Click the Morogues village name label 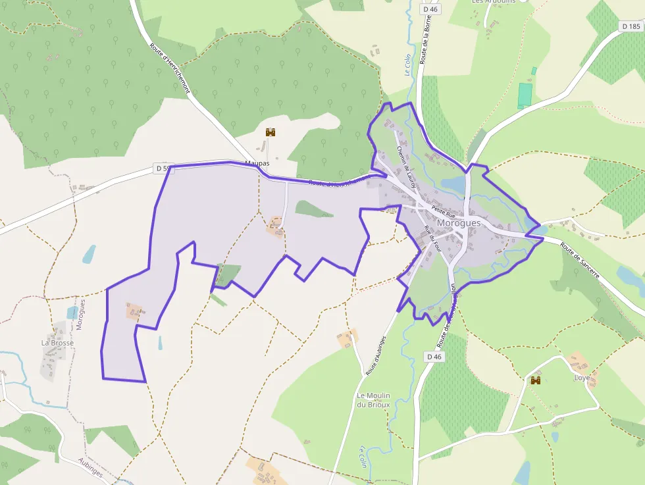tap(459, 223)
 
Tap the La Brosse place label tap(57, 343)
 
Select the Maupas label tap(257, 163)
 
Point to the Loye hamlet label tap(582, 378)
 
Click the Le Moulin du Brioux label tap(373, 400)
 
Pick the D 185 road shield tap(631, 26)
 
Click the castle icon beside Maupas tap(270, 132)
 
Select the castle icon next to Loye tap(536, 380)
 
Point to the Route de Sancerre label tap(580, 261)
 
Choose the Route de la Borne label tap(425, 54)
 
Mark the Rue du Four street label tap(432, 240)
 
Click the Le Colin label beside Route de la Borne tap(407, 65)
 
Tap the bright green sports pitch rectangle tap(524, 95)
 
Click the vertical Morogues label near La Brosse tap(80, 314)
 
